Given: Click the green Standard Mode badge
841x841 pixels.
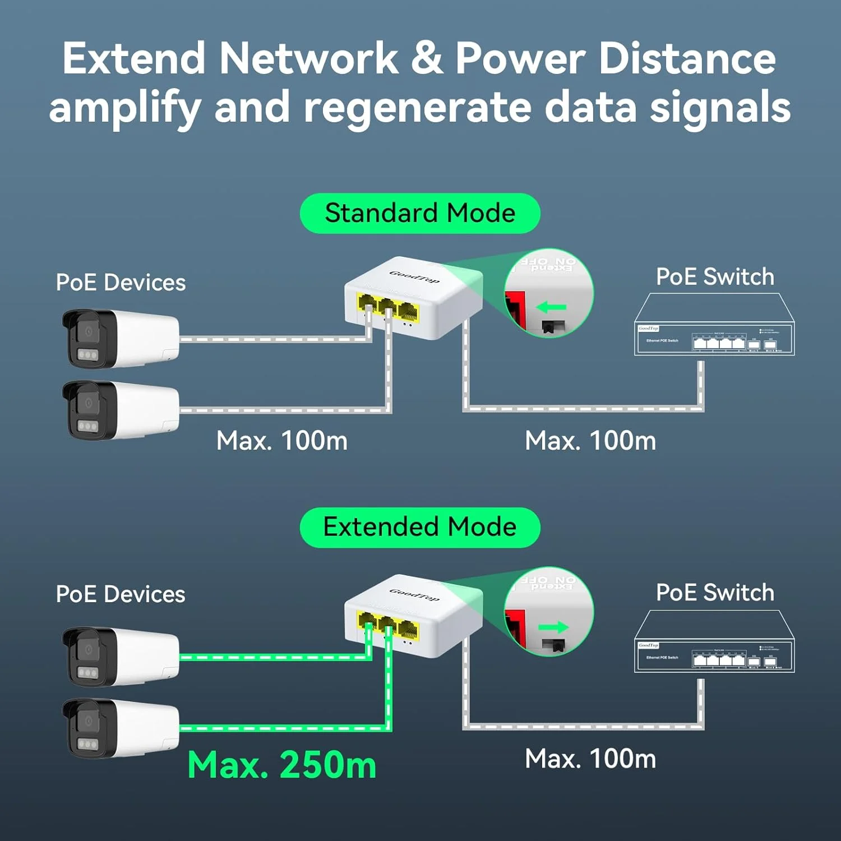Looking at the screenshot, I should point(420,214).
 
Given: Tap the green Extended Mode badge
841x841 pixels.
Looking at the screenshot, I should point(420,528).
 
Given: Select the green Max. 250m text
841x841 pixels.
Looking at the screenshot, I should point(281,765).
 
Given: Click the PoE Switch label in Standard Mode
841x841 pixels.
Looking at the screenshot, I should point(715,277).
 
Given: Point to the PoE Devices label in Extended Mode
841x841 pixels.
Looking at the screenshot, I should point(121,594).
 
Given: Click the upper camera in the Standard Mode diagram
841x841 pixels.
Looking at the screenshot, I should point(120,338).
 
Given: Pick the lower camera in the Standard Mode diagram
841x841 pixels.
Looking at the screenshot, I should point(120,410).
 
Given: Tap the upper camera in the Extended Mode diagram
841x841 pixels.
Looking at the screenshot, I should point(120,656).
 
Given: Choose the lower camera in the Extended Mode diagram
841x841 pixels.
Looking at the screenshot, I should point(120,727).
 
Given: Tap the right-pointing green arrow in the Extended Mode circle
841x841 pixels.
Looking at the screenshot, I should point(553,627).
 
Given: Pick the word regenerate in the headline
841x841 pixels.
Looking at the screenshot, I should point(417,108).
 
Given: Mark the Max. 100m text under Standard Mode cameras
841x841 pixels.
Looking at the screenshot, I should point(282,441).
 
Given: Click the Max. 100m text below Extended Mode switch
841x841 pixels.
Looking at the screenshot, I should point(590,759).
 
